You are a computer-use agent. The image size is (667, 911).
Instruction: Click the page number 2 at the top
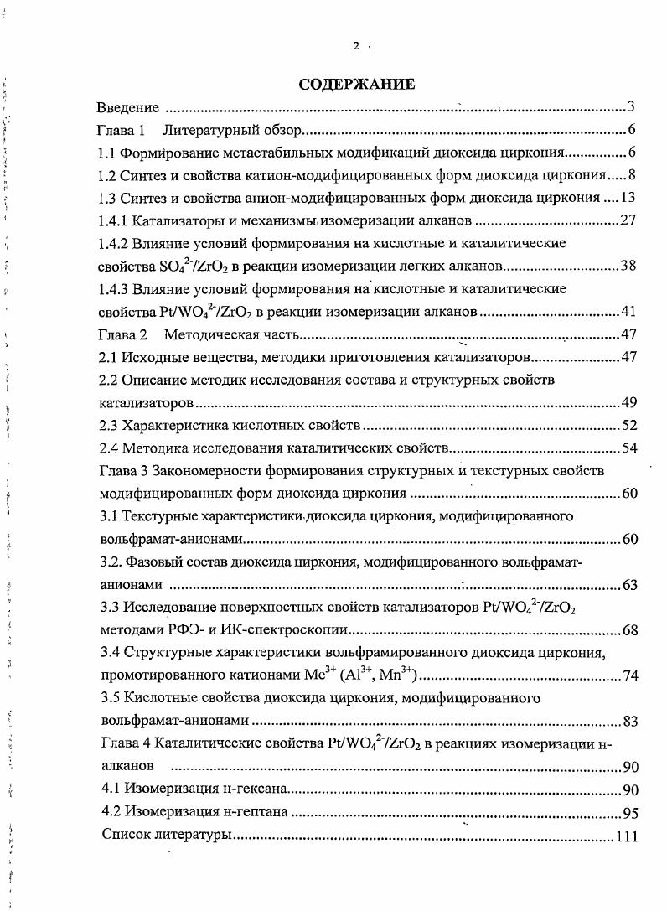pos(356,46)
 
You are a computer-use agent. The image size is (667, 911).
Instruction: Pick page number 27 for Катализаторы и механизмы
pos(629,221)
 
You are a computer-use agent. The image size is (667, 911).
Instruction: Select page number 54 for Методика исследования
pos(629,448)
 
